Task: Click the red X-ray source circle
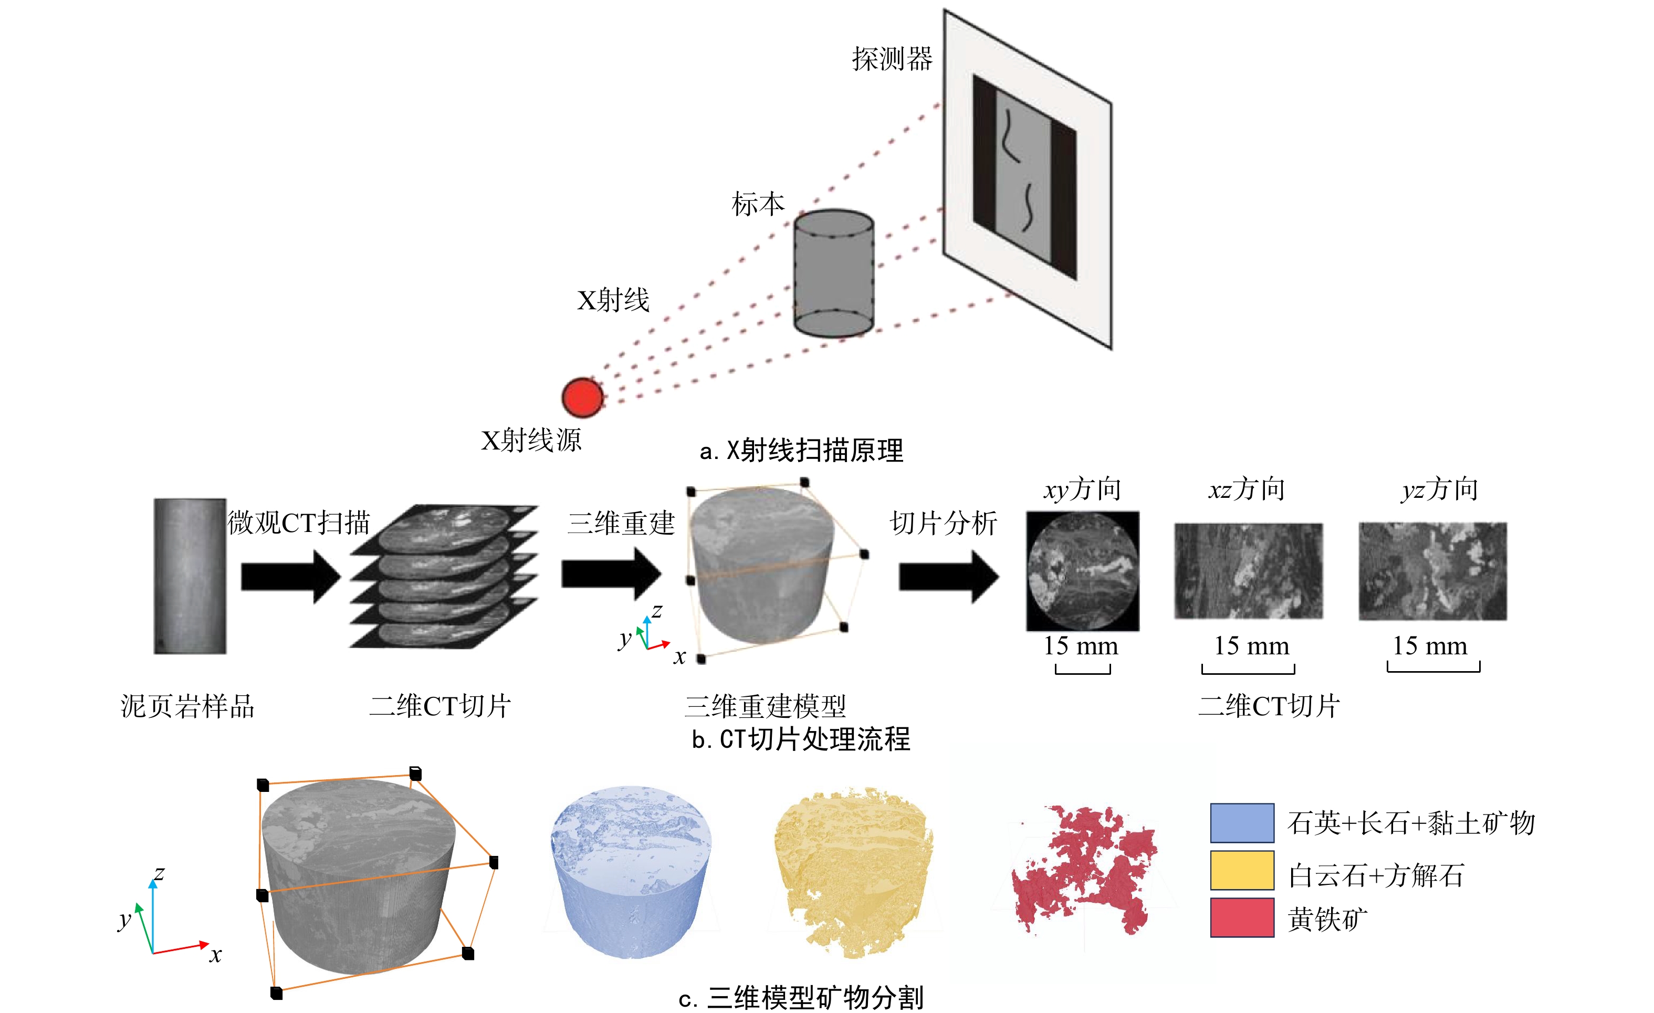tap(582, 396)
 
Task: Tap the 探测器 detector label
tap(892, 59)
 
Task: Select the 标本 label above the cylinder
tap(758, 203)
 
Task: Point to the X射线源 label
tap(531, 441)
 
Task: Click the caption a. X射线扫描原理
tap(801, 451)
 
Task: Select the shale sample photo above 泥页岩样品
tap(190, 576)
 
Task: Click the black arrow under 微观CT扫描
tap(290, 576)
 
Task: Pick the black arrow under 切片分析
tap(948, 576)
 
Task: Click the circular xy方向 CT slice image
tap(1082, 571)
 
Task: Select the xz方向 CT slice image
tap(1248, 571)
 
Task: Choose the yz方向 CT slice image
tap(1432, 571)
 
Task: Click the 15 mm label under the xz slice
tap(1251, 646)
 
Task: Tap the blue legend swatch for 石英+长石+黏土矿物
tap(1242, 822)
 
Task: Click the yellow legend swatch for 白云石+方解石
tap(1242, 870)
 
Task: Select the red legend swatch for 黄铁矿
tap(1242, 917)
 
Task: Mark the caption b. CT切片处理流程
tap(801, 739)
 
